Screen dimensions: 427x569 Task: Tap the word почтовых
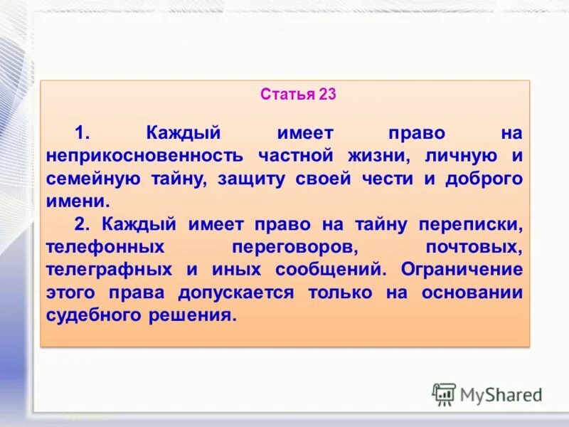(474, 247)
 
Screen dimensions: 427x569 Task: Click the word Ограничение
(462, 270)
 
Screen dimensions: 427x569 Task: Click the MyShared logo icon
(445, 394)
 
